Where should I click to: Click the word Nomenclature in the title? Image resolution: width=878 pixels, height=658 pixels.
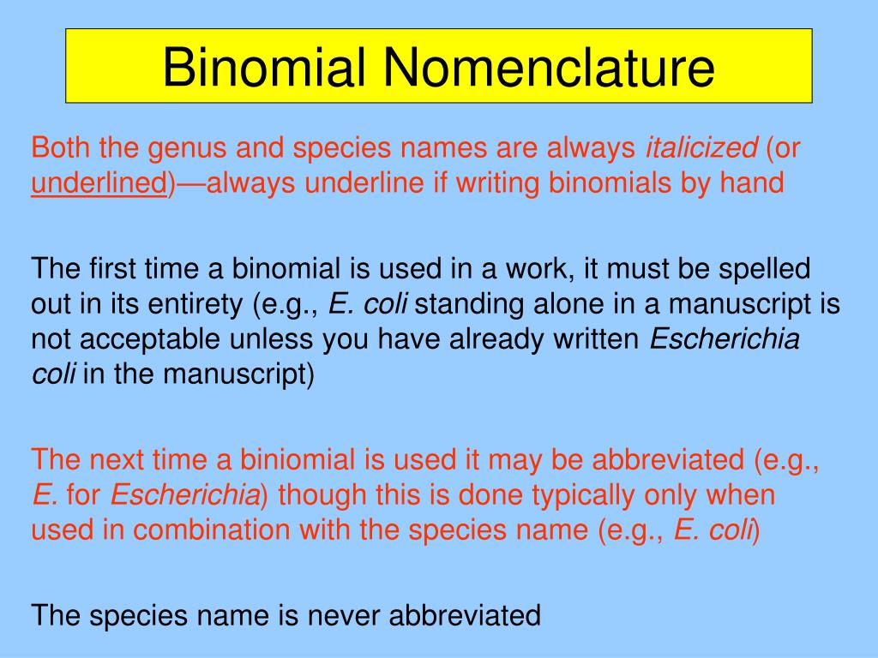coord(549,67)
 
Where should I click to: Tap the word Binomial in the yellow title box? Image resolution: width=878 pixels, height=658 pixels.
coord(264,67)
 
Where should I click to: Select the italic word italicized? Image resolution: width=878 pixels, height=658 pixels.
coord(701,147)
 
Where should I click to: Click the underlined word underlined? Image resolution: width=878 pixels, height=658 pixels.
coord(99,183)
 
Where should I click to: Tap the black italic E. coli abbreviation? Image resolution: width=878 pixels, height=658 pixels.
coord(367,304)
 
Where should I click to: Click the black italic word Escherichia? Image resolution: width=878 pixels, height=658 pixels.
coord(725,339)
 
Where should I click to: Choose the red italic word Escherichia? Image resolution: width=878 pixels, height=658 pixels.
coord(185,494)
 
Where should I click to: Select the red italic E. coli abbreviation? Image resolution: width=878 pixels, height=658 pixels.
coord(713,529)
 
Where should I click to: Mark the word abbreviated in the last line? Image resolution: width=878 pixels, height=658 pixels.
coord(465,615)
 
